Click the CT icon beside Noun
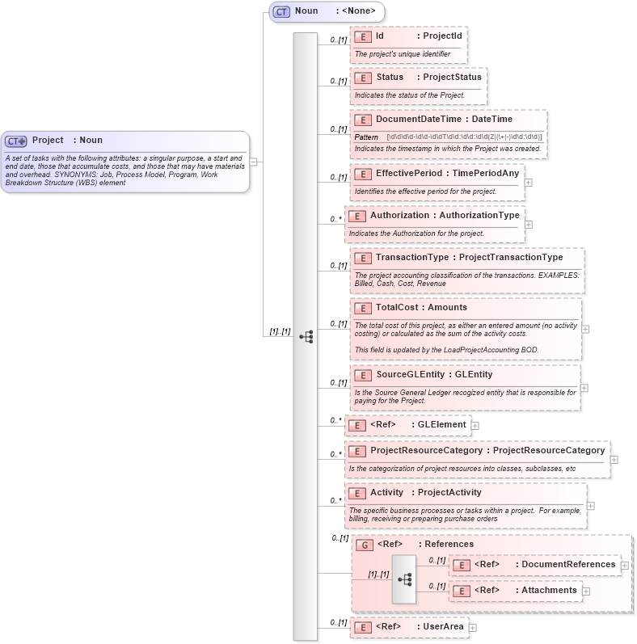[x=281, y=11]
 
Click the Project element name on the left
[x=48, y=140]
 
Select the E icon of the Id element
[x=363, y=36]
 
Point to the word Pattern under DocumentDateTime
[x=366, y=137]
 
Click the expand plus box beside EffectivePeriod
[x=528, y=182]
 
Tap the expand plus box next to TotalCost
[x=585, y=329]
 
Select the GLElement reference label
[x=441, y=424]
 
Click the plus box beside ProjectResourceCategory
[x=614, y=459]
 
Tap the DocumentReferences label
[x=568, y=564]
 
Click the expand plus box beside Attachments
[x=586, y=591]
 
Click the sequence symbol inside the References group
[x=404, y=579]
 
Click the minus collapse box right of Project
[x=254, y=161]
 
